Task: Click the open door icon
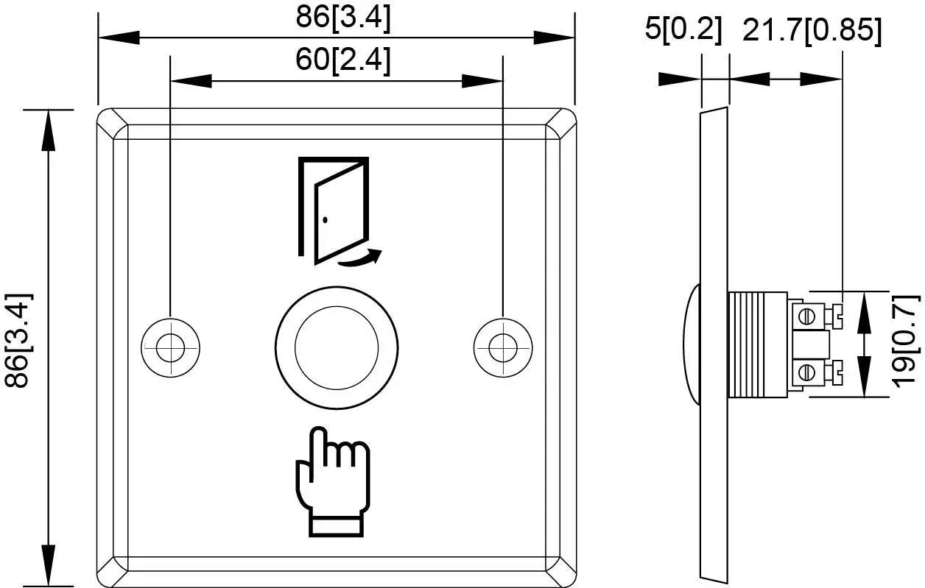(x=333, y=209)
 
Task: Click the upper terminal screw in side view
(x=807, y=315)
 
